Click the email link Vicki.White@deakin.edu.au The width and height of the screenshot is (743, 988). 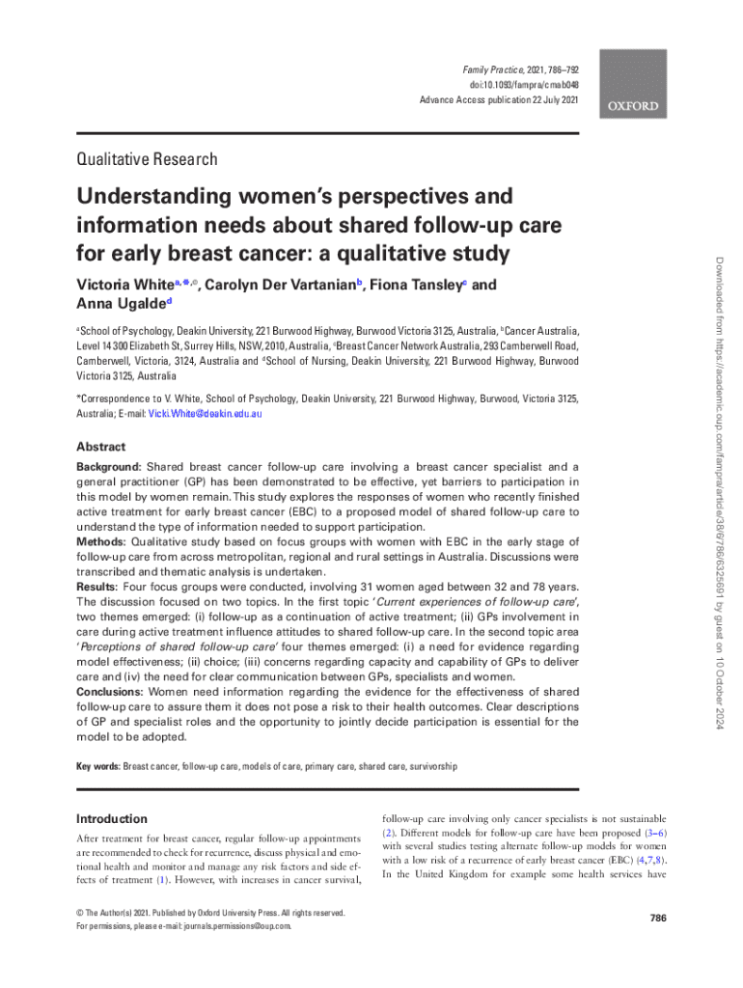204,413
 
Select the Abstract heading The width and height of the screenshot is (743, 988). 100,447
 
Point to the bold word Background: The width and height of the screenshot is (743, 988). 109,466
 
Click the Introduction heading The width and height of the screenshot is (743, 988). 111,818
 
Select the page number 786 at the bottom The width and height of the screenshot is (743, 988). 658,918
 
